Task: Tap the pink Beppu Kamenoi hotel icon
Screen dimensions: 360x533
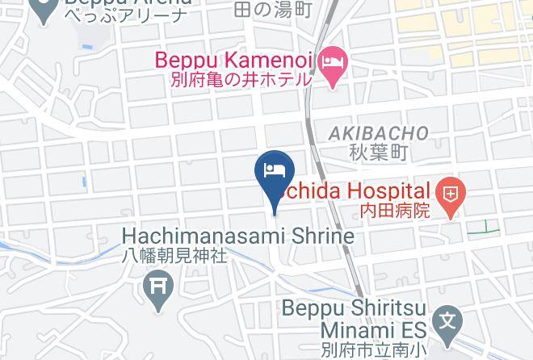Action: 332,61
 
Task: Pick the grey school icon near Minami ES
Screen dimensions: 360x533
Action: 445,322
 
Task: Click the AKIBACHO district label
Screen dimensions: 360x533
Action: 379,132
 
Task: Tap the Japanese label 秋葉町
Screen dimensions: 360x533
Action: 379,151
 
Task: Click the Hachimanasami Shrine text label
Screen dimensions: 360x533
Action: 238,236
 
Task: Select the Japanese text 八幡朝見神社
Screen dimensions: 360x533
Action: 174,255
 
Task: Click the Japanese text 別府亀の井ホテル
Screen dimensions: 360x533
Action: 241,80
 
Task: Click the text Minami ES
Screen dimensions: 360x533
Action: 365,329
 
